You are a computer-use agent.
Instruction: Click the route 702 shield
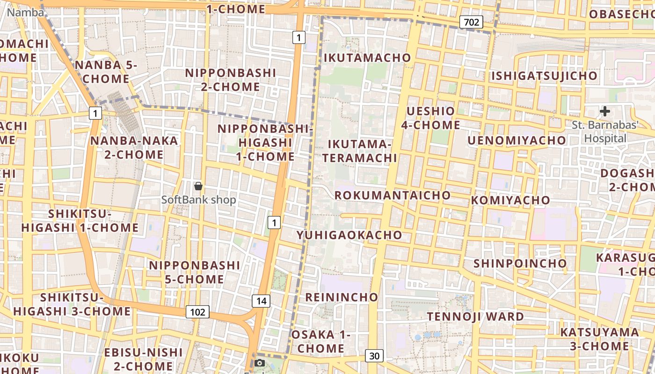pos(471,22)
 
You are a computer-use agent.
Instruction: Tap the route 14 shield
pos(261,301)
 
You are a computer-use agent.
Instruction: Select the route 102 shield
pos(197,312)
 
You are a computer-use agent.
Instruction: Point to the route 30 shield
pos(374,356)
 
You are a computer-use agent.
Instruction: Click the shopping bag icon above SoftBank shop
pos(198,186)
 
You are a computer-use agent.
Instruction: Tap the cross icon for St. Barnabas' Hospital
pos(605,111)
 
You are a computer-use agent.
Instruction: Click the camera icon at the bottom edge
pos(260,363)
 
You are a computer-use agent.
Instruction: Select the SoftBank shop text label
pos(198,200)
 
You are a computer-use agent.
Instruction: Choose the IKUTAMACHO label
pos(367,58)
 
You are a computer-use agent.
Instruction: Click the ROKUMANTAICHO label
pos(393,195)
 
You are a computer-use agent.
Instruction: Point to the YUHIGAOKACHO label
pos(349,235)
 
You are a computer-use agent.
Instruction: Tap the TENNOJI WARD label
pos(475,316)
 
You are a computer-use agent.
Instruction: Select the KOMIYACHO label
pos(511,201)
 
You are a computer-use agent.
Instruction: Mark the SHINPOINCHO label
pos(520,263)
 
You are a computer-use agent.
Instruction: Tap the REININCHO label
pos(342,297)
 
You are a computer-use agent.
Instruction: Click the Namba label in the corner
pos(26,13)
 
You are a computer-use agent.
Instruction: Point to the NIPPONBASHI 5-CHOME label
pos(194,272)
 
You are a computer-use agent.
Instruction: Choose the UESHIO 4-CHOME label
pos(430,118)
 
